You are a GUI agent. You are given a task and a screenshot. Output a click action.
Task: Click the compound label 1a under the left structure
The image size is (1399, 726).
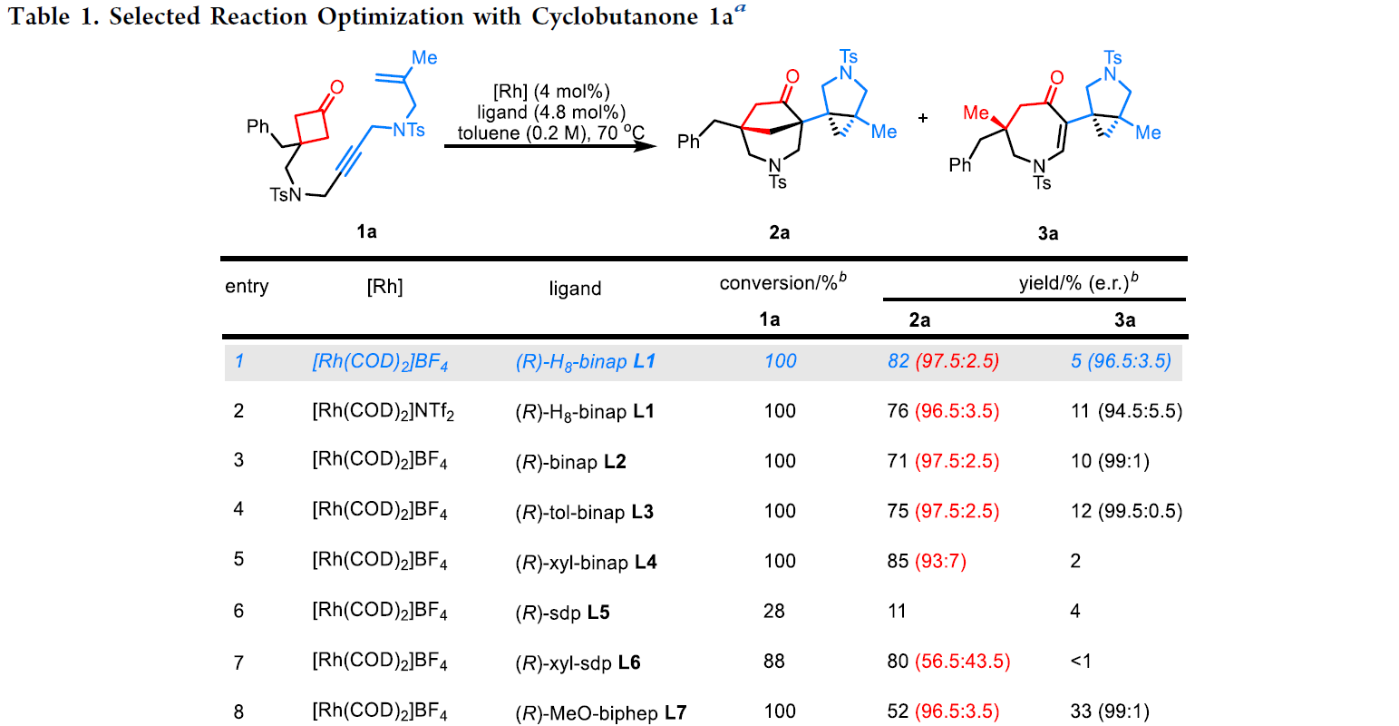(x=366, y=231)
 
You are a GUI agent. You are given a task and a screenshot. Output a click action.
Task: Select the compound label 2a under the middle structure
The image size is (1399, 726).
(x=779, y=232)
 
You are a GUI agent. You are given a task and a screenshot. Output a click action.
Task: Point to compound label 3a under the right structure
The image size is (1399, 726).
(x=1047, y=233)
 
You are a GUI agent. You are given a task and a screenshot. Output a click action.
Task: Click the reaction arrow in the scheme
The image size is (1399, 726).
(x=549, y=143)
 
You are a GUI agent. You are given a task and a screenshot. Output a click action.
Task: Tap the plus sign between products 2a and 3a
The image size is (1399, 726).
(x=923, y=118)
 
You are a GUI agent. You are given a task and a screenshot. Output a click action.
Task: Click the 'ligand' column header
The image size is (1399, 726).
(x=575, y=289)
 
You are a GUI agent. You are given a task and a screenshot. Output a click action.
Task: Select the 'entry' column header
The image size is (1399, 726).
(x=247, y=287)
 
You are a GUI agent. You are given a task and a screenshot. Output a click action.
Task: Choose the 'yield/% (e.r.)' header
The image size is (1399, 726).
(x=1078, y=283)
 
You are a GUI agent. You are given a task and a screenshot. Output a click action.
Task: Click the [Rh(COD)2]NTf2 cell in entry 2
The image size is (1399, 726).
(x=383, y=412)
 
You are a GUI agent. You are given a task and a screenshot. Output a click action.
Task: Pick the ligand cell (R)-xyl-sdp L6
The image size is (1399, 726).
(x=578, y=662)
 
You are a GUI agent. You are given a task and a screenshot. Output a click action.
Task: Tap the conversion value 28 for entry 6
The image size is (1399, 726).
(x=773, y=611)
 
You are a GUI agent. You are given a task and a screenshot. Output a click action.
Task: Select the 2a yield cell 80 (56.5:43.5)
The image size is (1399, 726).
(x=948, y=662)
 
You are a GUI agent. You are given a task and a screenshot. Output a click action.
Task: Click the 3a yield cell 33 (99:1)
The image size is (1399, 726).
(x=1110, y=711)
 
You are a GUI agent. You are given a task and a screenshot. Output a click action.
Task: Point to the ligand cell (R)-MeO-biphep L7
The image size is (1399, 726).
(x=600, y=712)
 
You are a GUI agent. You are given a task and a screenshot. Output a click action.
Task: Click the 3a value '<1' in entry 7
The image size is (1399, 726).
(x=1081, y=662)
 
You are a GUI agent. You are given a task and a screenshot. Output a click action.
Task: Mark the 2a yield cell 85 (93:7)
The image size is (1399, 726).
(x=927, y=561)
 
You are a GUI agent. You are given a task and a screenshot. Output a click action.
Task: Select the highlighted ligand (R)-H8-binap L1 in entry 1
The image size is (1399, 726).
(x=585, y=361)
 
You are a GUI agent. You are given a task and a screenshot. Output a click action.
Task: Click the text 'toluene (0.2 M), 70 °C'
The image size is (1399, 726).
(x=550, y=133)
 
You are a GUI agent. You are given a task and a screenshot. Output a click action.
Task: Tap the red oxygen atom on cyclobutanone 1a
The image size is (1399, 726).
(x=337, y=88)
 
